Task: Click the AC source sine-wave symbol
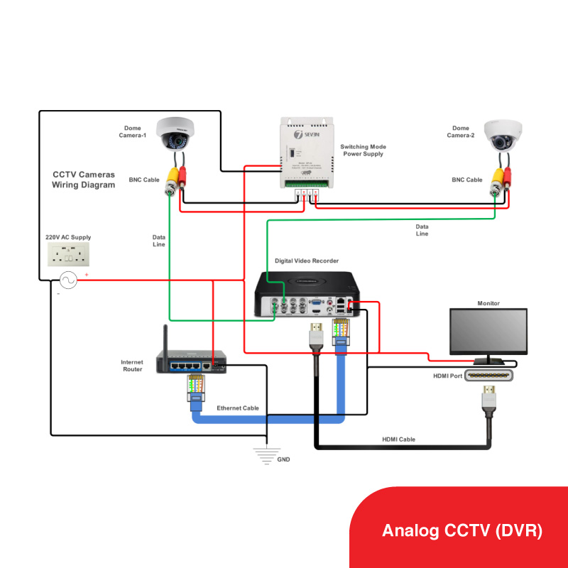pos(69,280)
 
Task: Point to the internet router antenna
pos(165,341)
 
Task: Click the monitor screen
pos(488,331)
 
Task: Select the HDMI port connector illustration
pos(488,376)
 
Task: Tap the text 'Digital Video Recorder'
pos(307,261)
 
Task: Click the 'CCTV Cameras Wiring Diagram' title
pos(83,180)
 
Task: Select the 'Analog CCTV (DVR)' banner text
pos(462,530)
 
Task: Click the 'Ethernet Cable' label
pos(237,408)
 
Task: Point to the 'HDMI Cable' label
pos(398,439)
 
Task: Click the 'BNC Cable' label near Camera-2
pos(467,180)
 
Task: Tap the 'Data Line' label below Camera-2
pos(422,230)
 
